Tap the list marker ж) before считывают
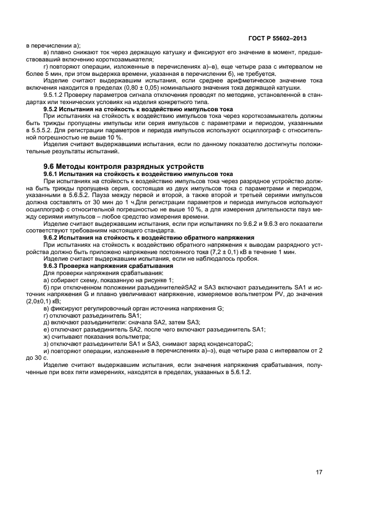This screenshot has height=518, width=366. (47, 336)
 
